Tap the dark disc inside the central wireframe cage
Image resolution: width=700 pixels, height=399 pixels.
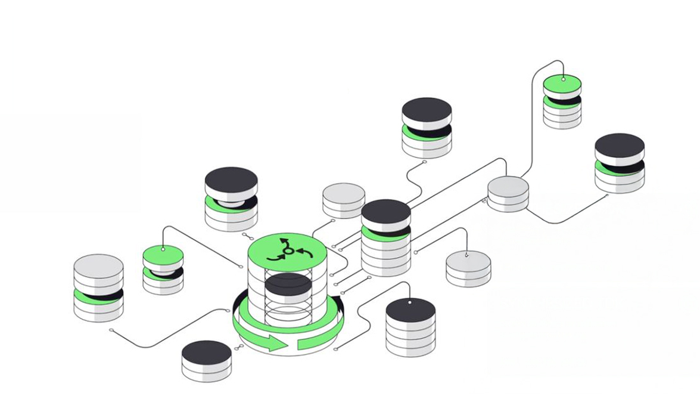point(288,284)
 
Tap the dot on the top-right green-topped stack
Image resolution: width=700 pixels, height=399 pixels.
point(563,79)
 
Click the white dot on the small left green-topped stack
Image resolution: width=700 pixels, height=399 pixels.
point(163,248)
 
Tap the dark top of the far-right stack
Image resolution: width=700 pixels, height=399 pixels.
point(620,145)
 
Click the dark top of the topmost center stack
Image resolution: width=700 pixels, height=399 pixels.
point(427,110)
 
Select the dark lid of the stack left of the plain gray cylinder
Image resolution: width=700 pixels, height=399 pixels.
point(231,180)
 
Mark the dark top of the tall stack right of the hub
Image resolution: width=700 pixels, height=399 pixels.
point(386,211)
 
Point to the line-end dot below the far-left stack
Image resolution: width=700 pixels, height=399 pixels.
point(111,330)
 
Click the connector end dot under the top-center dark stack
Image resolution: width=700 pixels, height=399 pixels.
point(424,162)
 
